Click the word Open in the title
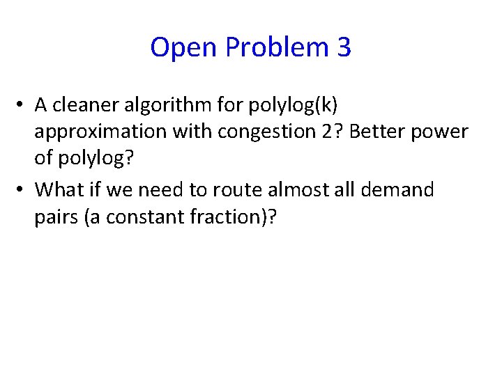pyautogui.click(x=177, y=48)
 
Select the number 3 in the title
pyautogui.click(x=344, y=48)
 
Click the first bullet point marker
pyautogui.click(x=22, y=105)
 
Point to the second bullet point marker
pyautogui.click(x=22, y=189)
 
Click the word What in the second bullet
pyautogui.click(x=59, y=189)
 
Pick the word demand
pyautogui.click(x=405, y=189)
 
